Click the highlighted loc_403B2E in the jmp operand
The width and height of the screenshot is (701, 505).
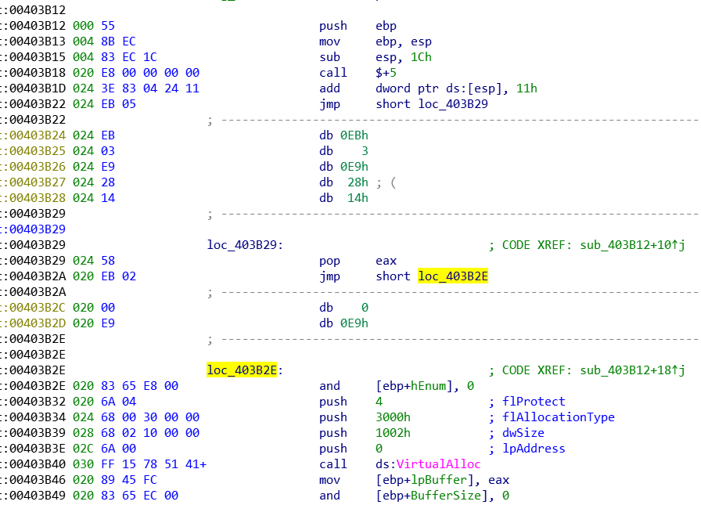pos(453,276)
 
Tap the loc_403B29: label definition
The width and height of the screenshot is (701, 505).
pos(245,245)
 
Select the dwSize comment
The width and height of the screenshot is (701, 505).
pos(523,433)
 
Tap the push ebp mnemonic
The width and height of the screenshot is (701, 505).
pos(333,26)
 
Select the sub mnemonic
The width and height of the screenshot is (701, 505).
pos(329,57)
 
